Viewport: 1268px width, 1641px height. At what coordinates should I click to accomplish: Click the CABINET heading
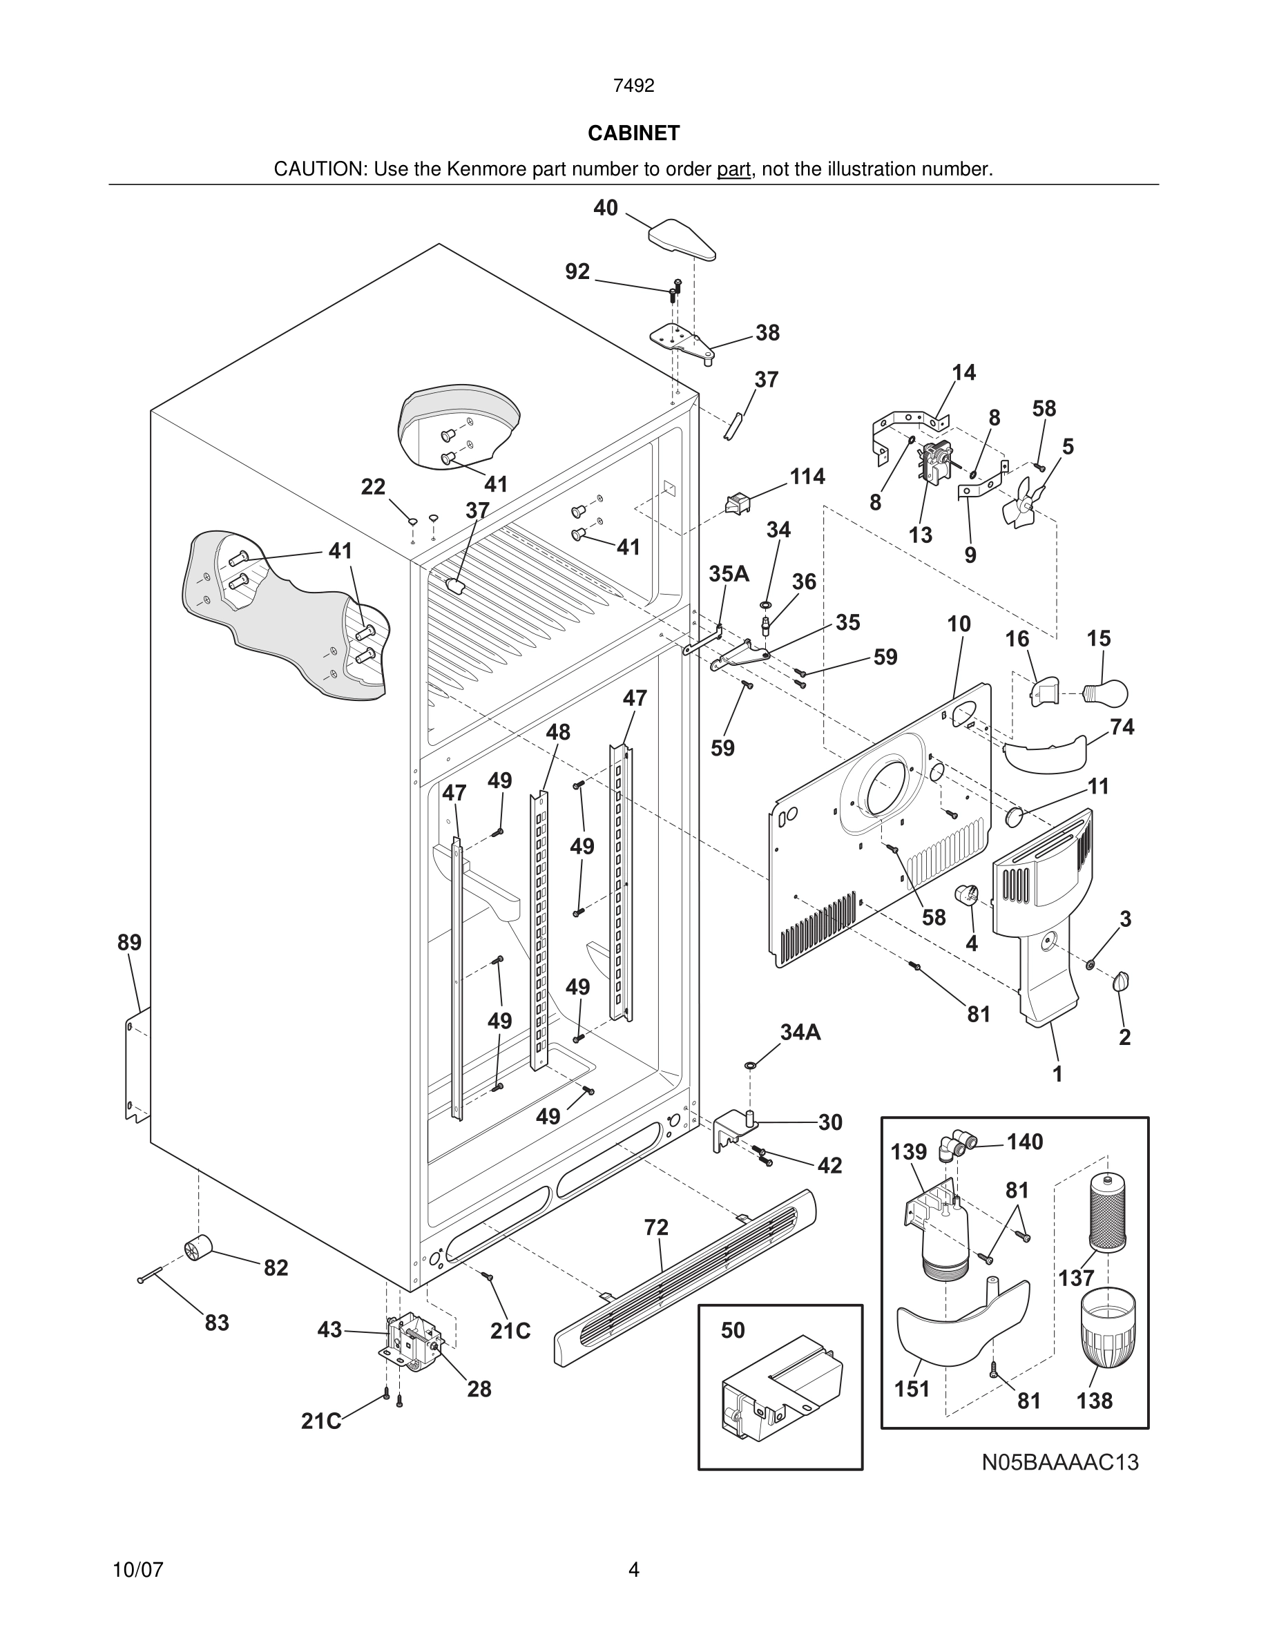point(633,133)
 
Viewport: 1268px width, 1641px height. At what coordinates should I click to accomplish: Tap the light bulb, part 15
point(1106,692)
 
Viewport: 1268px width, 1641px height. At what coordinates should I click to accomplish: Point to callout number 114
point(807,477)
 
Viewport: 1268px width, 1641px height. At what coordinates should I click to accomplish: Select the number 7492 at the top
point(633,86)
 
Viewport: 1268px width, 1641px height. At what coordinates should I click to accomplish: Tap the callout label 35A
point(729,574)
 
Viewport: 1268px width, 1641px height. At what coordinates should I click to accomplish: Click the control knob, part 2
point(1122,981)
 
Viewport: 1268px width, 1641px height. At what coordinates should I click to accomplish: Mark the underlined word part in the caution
point(733,170)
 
